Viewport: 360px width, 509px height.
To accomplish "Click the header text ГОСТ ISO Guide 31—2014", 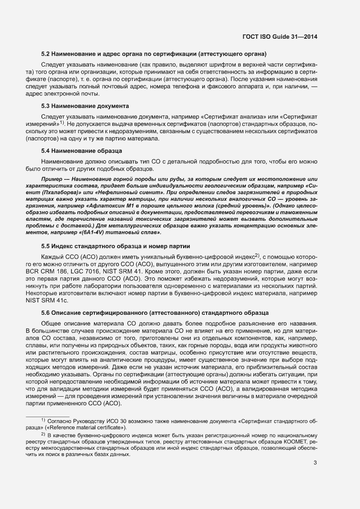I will [x=279, y=37].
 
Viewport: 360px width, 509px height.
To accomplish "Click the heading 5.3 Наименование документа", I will [x=85, y=106].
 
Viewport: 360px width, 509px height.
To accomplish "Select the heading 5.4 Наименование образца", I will [x=81, y=151].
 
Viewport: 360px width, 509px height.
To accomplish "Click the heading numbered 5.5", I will [x=115, y=246].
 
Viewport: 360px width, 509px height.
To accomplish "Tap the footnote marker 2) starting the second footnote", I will [x=43, y=435].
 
